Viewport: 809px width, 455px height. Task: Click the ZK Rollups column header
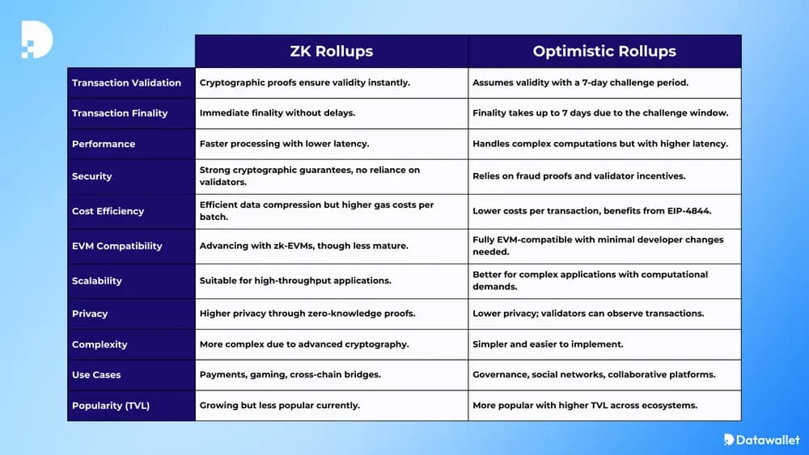point(332,51)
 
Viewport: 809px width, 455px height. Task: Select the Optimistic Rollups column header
point(604,51)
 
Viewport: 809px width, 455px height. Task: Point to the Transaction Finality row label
point(120,113)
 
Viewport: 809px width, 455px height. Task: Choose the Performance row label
point(104,144)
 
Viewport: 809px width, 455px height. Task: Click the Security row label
point(92,176)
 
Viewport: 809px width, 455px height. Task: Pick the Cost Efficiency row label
point(108,211)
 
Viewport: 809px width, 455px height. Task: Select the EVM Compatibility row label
point(117,246)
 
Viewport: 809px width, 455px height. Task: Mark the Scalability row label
point(97,280)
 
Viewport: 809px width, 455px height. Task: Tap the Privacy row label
point(90,314)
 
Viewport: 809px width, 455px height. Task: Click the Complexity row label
point(100,344)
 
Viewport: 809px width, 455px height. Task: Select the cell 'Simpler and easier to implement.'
point(548,344)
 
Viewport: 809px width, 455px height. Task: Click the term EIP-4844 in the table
point(684,211)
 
